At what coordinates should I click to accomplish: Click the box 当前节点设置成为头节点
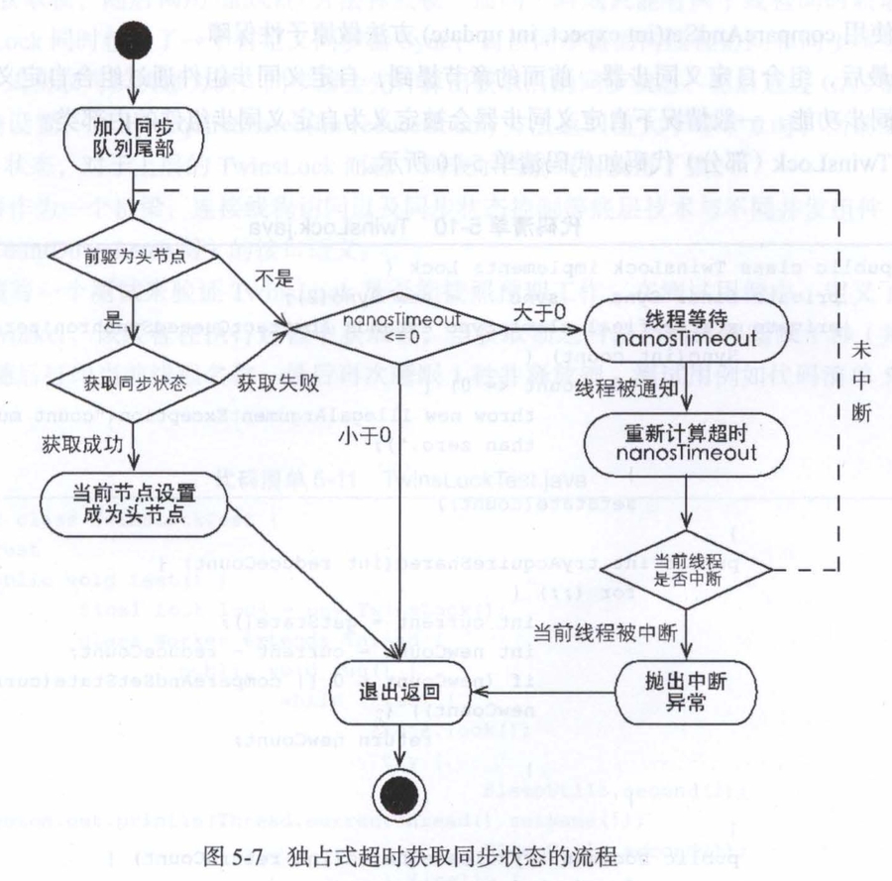pyautogui.click(x=137, y=503)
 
